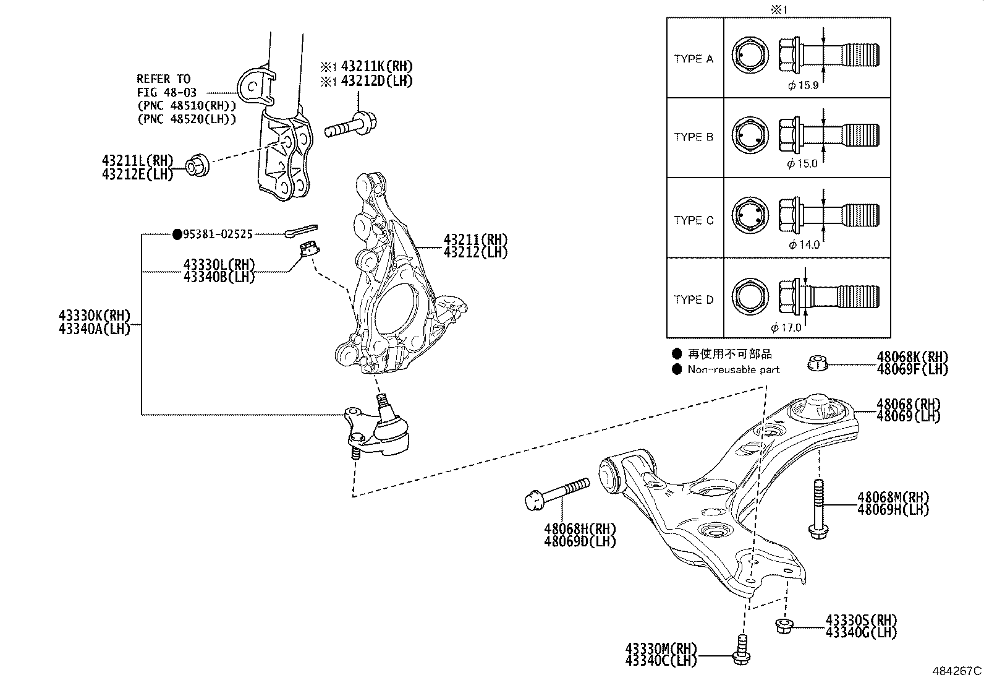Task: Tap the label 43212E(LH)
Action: (x=137, y=174)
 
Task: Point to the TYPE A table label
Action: (x=693, y=59)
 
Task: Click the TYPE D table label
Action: (x=693, y=299)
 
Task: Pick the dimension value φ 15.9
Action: (x=803, y=85)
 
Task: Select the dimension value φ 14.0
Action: (x=804, y=244)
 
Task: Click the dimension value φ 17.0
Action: (x=786, y=327)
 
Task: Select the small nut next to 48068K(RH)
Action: (x=818, y=363)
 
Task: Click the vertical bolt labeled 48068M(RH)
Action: (x=816, y=507)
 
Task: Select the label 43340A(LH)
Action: (x=94, y=330)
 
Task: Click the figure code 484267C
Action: (x=957, y=671)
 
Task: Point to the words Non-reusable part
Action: (x=734, y=370)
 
